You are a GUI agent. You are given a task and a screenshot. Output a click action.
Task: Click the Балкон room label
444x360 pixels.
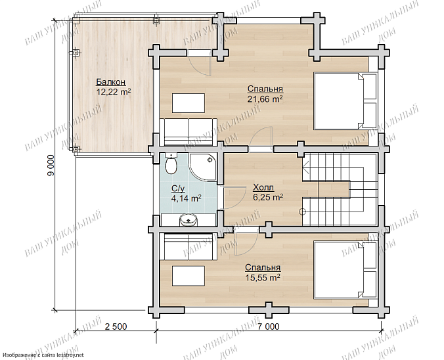click(x=111, y=82)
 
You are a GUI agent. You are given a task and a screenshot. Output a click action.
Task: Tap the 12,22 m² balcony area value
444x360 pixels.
click(x=114, y=92)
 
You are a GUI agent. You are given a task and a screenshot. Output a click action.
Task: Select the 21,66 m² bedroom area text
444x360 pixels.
click(x=265, y=99)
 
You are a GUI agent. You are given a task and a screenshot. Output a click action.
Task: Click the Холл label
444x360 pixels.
click(x=263, y=187)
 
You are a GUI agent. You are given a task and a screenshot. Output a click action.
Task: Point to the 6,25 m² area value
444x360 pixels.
click(x=267, y=197)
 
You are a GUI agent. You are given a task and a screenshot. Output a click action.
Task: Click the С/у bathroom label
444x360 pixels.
click(x=178, y=189)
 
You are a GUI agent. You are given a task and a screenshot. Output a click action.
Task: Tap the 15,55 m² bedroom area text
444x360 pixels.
click(x=263, y=278)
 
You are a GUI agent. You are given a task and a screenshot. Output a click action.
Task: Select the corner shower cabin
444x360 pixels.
click(x=203, y=168)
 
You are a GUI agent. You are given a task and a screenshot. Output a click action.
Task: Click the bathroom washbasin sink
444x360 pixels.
click(x=188, y=220)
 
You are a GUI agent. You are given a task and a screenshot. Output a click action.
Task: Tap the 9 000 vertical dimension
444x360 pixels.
click(x=51, y=166)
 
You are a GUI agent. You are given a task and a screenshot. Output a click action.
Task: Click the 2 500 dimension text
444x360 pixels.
click(x=116, y=326)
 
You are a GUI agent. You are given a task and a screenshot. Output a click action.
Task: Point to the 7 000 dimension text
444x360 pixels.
click(x=269, y=326)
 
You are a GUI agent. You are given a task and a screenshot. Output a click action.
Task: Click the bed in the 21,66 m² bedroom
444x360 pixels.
click(x=345, y=101)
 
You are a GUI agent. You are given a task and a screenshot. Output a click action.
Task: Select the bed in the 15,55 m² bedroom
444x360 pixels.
click(x=345, y=269)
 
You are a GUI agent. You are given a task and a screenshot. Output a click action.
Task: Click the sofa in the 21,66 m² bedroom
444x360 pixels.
click(x=189, y=132)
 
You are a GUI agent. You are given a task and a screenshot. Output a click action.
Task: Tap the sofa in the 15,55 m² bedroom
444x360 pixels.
click(x=189, y=246)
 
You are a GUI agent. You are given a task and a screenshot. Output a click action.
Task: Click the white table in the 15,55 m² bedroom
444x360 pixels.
click(x=189, y=276)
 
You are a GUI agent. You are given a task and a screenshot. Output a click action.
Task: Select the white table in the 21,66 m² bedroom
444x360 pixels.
click(x=189, y=103)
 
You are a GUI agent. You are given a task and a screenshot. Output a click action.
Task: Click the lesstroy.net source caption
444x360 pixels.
click(x=42, y=355)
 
